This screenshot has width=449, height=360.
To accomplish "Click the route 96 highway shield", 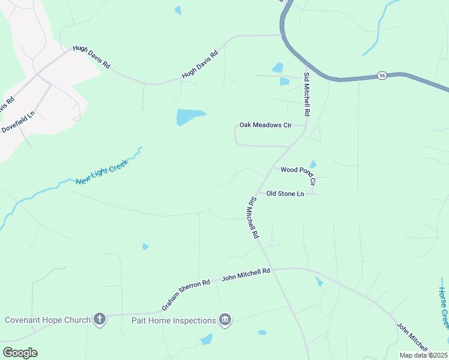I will pyautogui.click(x=382, y=76).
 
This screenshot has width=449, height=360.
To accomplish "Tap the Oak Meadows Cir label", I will pyautogui.click(x=265, y=125).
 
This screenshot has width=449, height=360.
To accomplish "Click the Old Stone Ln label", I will pyautogui.click(x=285, y=194).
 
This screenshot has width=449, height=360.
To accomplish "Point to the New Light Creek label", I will pyautogui.click(x=103, y=173).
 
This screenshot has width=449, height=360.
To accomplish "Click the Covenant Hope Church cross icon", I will pyautogui.click(x=100, y=319).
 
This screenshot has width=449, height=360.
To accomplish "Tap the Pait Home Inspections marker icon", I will pyautogui.click(x=225, y=320).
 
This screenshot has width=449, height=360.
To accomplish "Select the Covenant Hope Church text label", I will pyautogui.click(x=47, y=320).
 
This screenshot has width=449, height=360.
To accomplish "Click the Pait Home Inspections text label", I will pyautogui.click(x=173, y=320).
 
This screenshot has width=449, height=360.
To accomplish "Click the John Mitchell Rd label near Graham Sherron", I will pyautogui.click(x=246, y=275).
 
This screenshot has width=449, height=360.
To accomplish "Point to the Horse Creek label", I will pyautogui.click(x=442, y=307).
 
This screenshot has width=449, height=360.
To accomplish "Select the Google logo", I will pyautogui.click(x=20, y=352).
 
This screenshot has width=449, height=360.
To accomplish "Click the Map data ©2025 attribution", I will pyautogui.click(x=423, y=355).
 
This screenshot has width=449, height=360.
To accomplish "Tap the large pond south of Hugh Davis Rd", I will pyautogui.click(x=189, y=116).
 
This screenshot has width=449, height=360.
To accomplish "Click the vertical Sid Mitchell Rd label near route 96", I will pyautogui.click(x=307, y=91).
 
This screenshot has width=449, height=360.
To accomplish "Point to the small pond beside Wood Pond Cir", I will pyautogui.click(x=313, y=164).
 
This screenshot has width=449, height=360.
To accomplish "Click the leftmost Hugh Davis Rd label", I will pyautogui.click(x=91, y=56).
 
